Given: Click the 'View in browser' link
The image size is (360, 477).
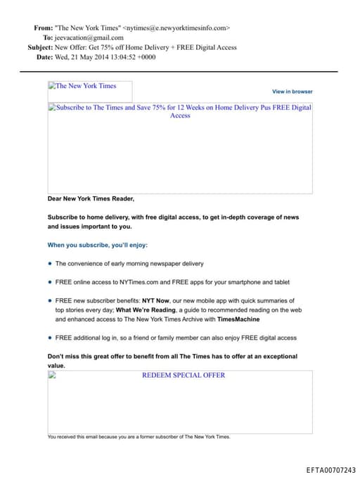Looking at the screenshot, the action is pos(292,91).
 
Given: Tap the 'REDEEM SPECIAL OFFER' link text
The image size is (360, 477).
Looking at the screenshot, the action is pos(184,375).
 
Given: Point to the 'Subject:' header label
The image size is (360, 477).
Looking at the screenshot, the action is pos(40,48).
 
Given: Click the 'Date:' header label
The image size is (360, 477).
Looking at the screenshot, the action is pos(44,57).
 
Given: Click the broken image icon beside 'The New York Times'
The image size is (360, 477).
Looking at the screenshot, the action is pos(52,86).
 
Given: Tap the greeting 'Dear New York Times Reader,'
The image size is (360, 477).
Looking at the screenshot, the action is pos(91,198).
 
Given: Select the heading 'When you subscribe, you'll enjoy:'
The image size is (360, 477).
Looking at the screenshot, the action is pos(98,246).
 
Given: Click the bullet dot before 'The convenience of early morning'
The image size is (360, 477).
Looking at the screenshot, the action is pos(50,264).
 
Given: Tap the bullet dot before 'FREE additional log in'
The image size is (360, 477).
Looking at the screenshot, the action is pos(50,338).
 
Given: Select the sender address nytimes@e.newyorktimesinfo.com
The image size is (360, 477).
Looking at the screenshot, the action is pos(176,28).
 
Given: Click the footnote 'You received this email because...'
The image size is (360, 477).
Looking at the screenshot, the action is pos(139,437).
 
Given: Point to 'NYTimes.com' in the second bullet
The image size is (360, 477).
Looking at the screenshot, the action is pos(138,282).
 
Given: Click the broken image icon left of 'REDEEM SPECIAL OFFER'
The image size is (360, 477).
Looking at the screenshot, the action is pos(52,375).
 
